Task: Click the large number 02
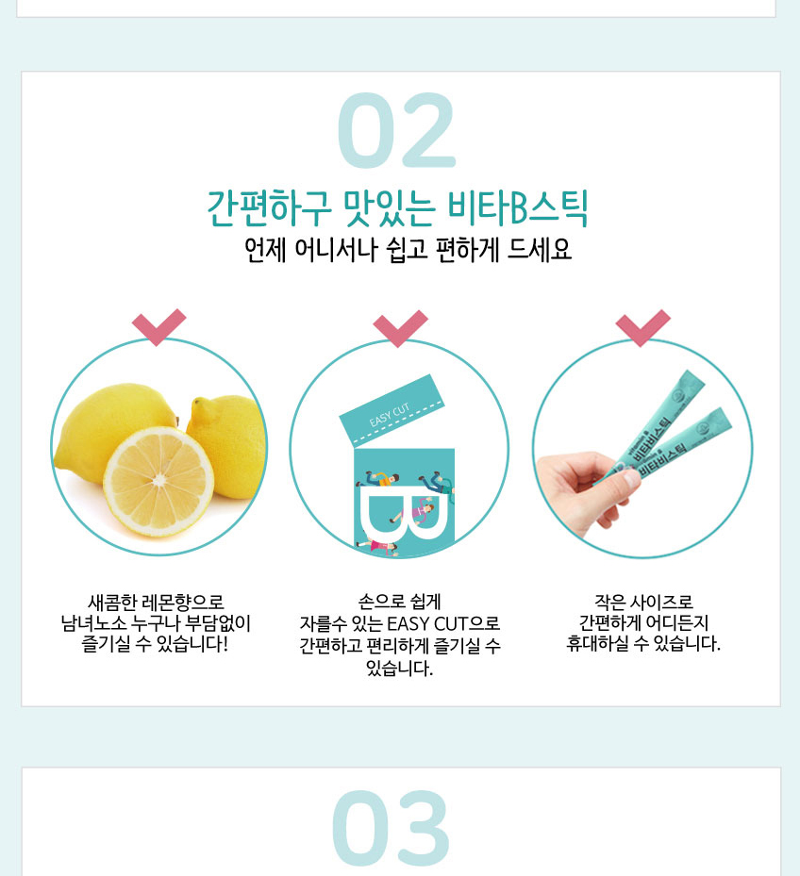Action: (x=396, y=130)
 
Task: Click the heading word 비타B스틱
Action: (x=518, y=208)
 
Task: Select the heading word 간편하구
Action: (x=269, y=208)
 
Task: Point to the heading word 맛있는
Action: (x=390, y=208)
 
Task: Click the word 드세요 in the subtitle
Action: (x=540, y=250)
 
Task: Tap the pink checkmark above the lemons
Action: (x=158, y=327)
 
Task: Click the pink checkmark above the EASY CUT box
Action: (x=400, y=328)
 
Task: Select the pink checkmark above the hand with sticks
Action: (x=642, y=328)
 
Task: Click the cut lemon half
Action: (x=158, y=482)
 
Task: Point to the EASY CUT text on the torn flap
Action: (x=390, y=415)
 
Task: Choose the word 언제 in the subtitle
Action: (x=265, y=250)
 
